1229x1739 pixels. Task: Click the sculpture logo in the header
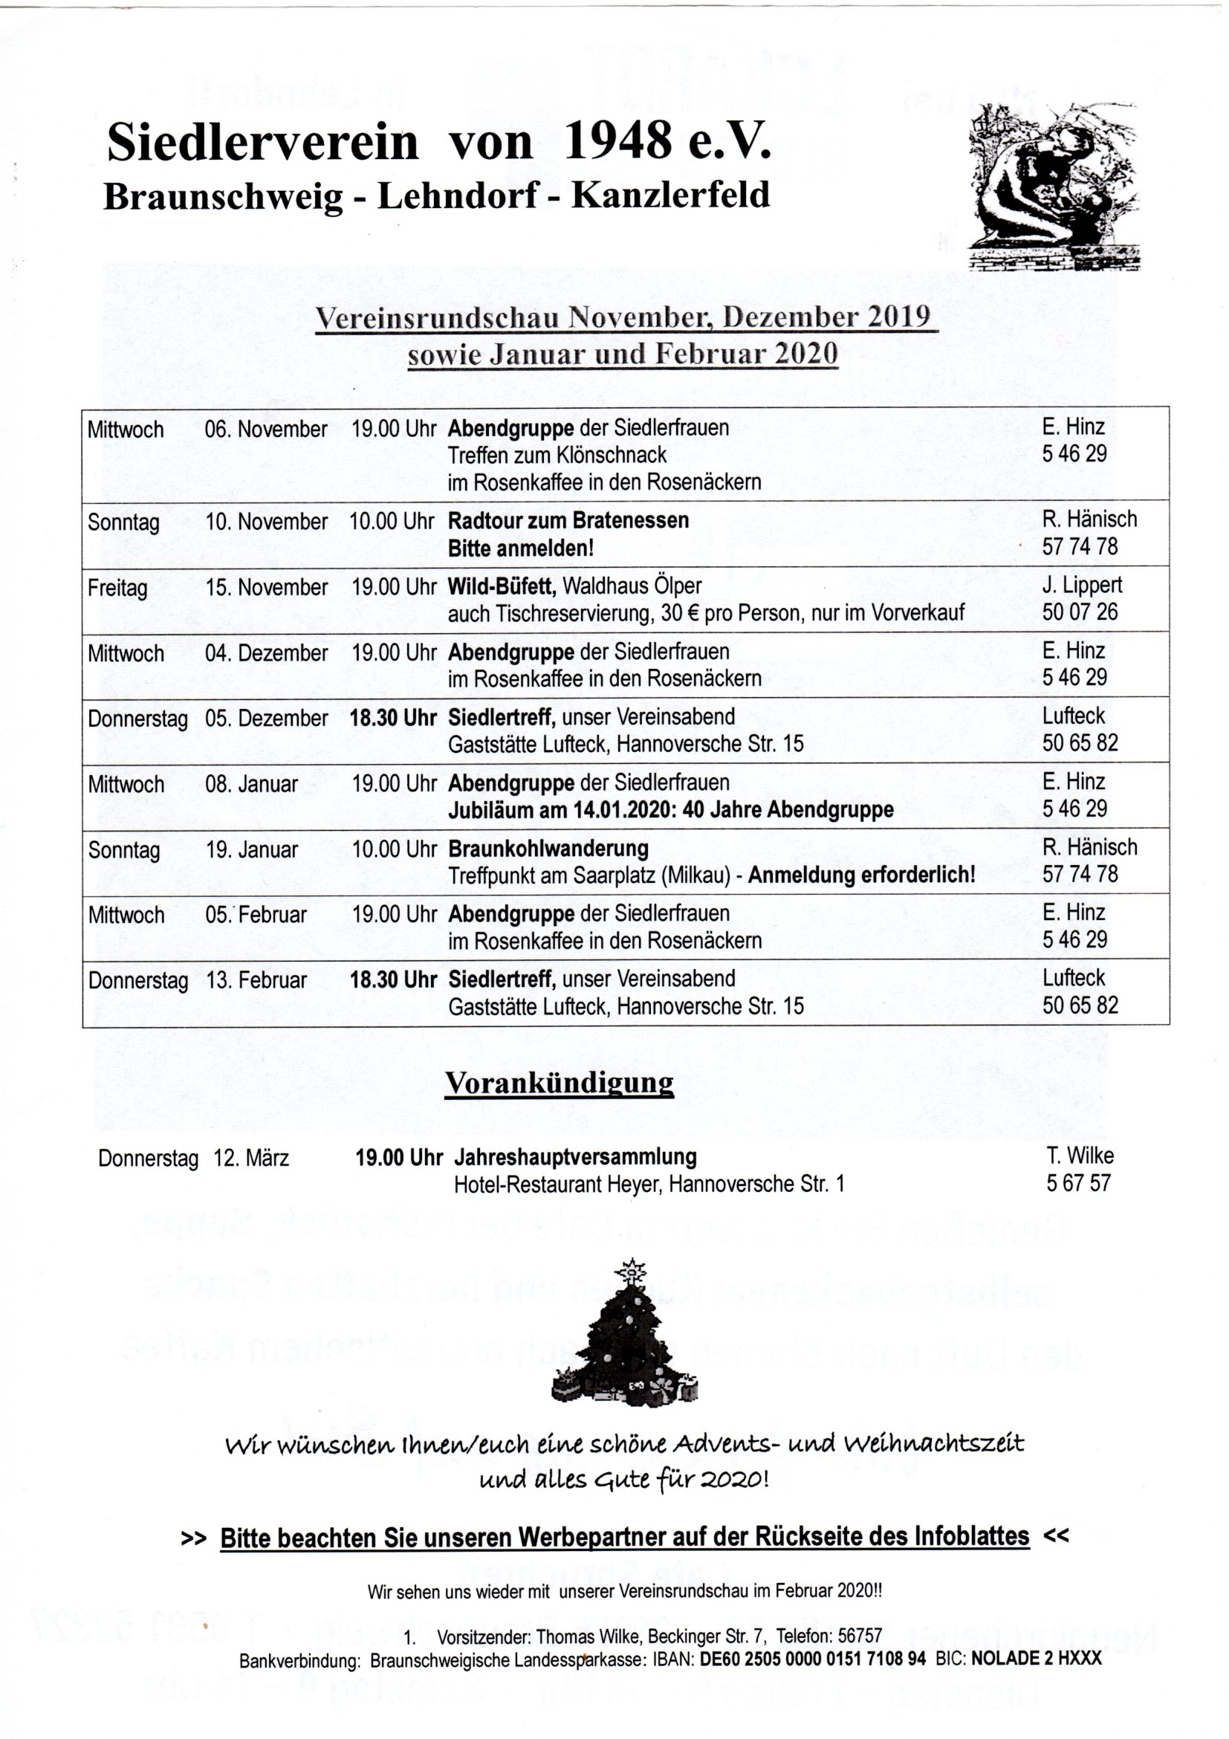(1054, 187)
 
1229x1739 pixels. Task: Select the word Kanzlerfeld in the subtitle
(670, 196)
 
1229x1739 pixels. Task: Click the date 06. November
(266, 430)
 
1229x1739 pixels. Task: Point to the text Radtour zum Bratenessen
(568, 521)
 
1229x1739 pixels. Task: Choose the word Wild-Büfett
(502, 586)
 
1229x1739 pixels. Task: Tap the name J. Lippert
(1082, 585)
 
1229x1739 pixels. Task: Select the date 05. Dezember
(266, 718)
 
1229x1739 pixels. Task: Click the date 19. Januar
(251, 850)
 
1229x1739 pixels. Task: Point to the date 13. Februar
(256, 980)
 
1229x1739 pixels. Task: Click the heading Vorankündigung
(559, 1083)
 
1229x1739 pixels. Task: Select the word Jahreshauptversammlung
(576, 1156)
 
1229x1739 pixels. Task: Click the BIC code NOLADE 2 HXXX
(1036, 1659)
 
